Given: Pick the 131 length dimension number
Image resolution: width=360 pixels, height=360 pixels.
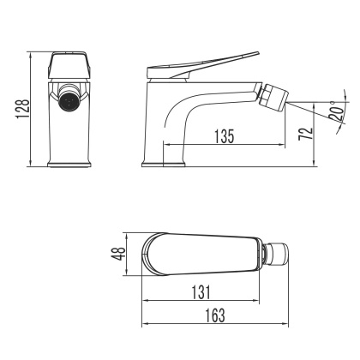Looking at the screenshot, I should coord(199,291).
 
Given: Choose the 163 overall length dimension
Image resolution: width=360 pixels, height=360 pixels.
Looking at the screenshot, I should coord(215,315).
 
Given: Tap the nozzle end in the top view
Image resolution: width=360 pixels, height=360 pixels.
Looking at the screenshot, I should coord(279,254).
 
